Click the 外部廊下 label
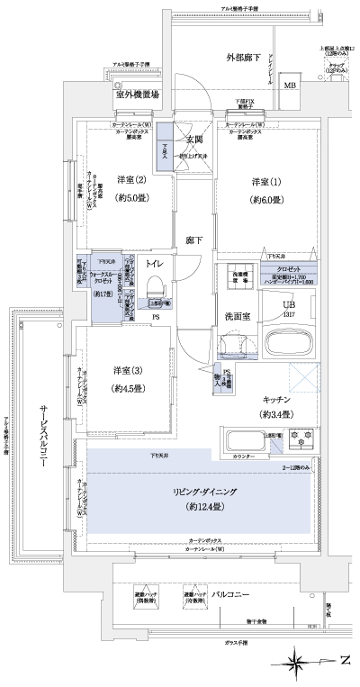point(243,58)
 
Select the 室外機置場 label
point(137,94)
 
